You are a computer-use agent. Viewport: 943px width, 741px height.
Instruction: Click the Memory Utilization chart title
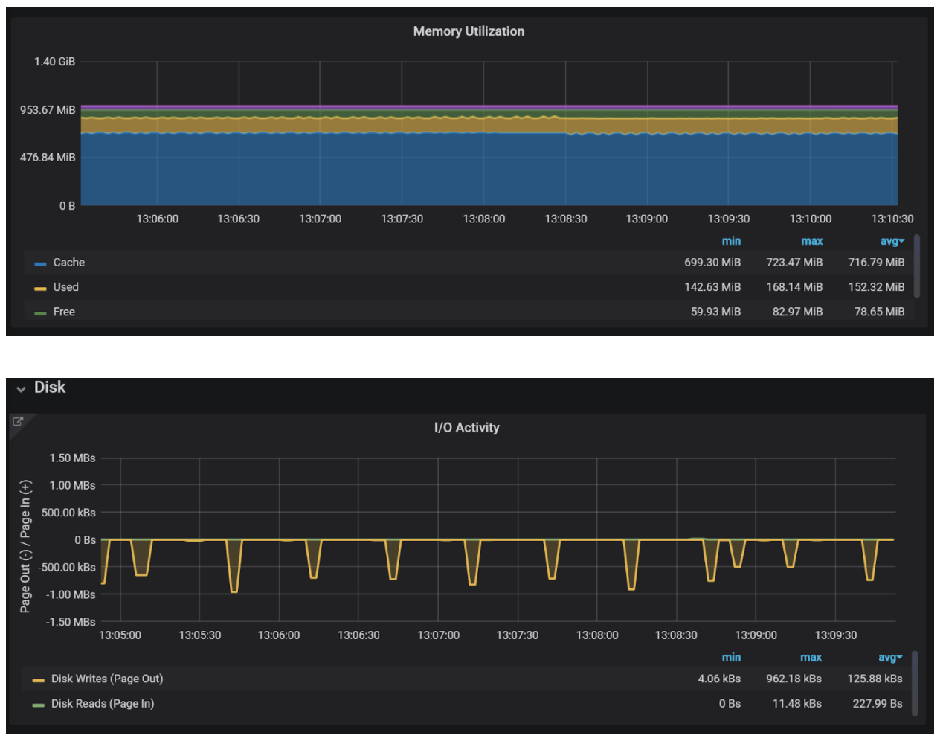(469, 31)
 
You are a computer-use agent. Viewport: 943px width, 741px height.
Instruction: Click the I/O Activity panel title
(466, 428)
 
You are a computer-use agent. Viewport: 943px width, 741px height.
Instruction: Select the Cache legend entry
(68, 263)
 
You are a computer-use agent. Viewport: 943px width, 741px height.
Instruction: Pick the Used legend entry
(65, 287)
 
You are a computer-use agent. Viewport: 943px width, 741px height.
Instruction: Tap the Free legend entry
(64, 312)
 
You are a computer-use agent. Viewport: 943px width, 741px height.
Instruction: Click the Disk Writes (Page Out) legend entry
(106, 679)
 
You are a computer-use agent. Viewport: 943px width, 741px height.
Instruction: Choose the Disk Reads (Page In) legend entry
(102, 703)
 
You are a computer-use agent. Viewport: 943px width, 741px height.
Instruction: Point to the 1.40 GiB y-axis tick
(54, 62)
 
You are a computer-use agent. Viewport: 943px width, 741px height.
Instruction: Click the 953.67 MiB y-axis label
(48, 110)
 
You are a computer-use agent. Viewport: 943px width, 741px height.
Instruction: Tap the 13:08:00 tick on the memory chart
(483, 219)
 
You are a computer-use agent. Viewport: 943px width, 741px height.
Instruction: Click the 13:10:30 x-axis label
(892, 219)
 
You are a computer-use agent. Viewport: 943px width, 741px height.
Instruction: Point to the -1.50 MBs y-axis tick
(71, 622)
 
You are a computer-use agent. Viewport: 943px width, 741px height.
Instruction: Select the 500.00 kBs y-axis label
(68, 513)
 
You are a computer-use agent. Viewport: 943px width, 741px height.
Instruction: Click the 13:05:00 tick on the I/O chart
(120, 635)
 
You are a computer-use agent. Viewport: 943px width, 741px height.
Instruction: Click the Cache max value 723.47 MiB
(794, 263)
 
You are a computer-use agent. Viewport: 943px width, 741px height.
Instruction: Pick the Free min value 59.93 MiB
(715, 312)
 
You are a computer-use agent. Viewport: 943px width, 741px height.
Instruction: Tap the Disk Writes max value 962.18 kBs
(794, 679)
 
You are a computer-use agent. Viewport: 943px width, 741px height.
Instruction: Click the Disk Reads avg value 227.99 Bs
(877, 703)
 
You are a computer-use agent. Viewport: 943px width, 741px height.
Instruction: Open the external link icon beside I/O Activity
(18, 421)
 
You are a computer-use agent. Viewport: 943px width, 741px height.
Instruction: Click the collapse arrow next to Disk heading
(21, 388)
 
